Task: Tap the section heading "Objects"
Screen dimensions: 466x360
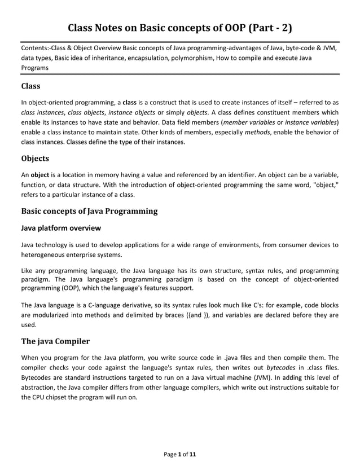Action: (x=35, y=158)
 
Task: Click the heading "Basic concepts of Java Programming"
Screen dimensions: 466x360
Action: (x=89, y=211)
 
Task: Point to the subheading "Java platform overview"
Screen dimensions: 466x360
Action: (x=61, y=228)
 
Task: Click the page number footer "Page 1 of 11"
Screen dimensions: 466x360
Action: (x=179, y=453)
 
